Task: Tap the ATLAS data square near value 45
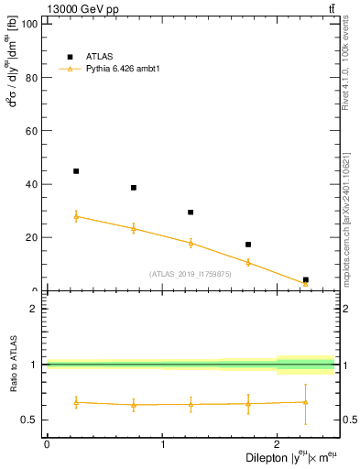tap(76, 171)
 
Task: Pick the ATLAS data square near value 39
tap(134, 188)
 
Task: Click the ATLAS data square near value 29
tap(191, 213)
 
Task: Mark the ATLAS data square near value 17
tap(248, 245)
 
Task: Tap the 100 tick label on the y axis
tap(29, 24)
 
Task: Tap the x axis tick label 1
tap(162, 444)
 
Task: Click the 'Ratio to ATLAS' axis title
tap(12, 364)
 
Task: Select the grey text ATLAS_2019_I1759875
tap(191, 274)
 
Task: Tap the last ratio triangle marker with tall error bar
tap(305, 402)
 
